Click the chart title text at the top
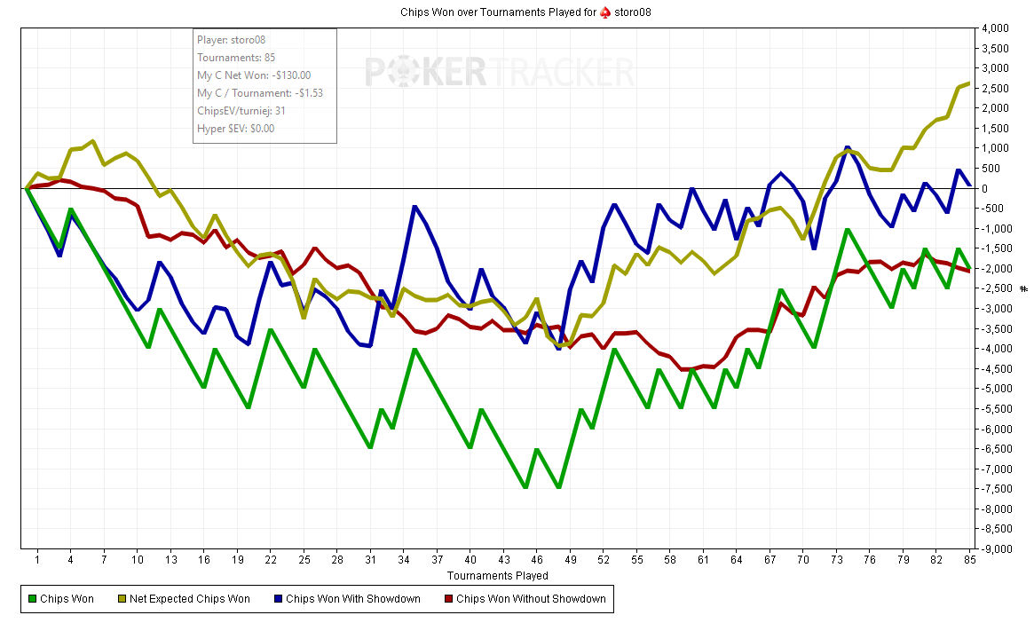point(517,12)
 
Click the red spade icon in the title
point(605,12)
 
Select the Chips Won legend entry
point(61,599)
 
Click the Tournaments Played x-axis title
point(497,576)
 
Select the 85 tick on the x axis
point(969,560)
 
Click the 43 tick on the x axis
point(503,560)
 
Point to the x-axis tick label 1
point(37,560)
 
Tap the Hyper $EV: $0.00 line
point(235,129)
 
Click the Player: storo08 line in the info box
point(232,40)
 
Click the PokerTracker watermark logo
point(500,72)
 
